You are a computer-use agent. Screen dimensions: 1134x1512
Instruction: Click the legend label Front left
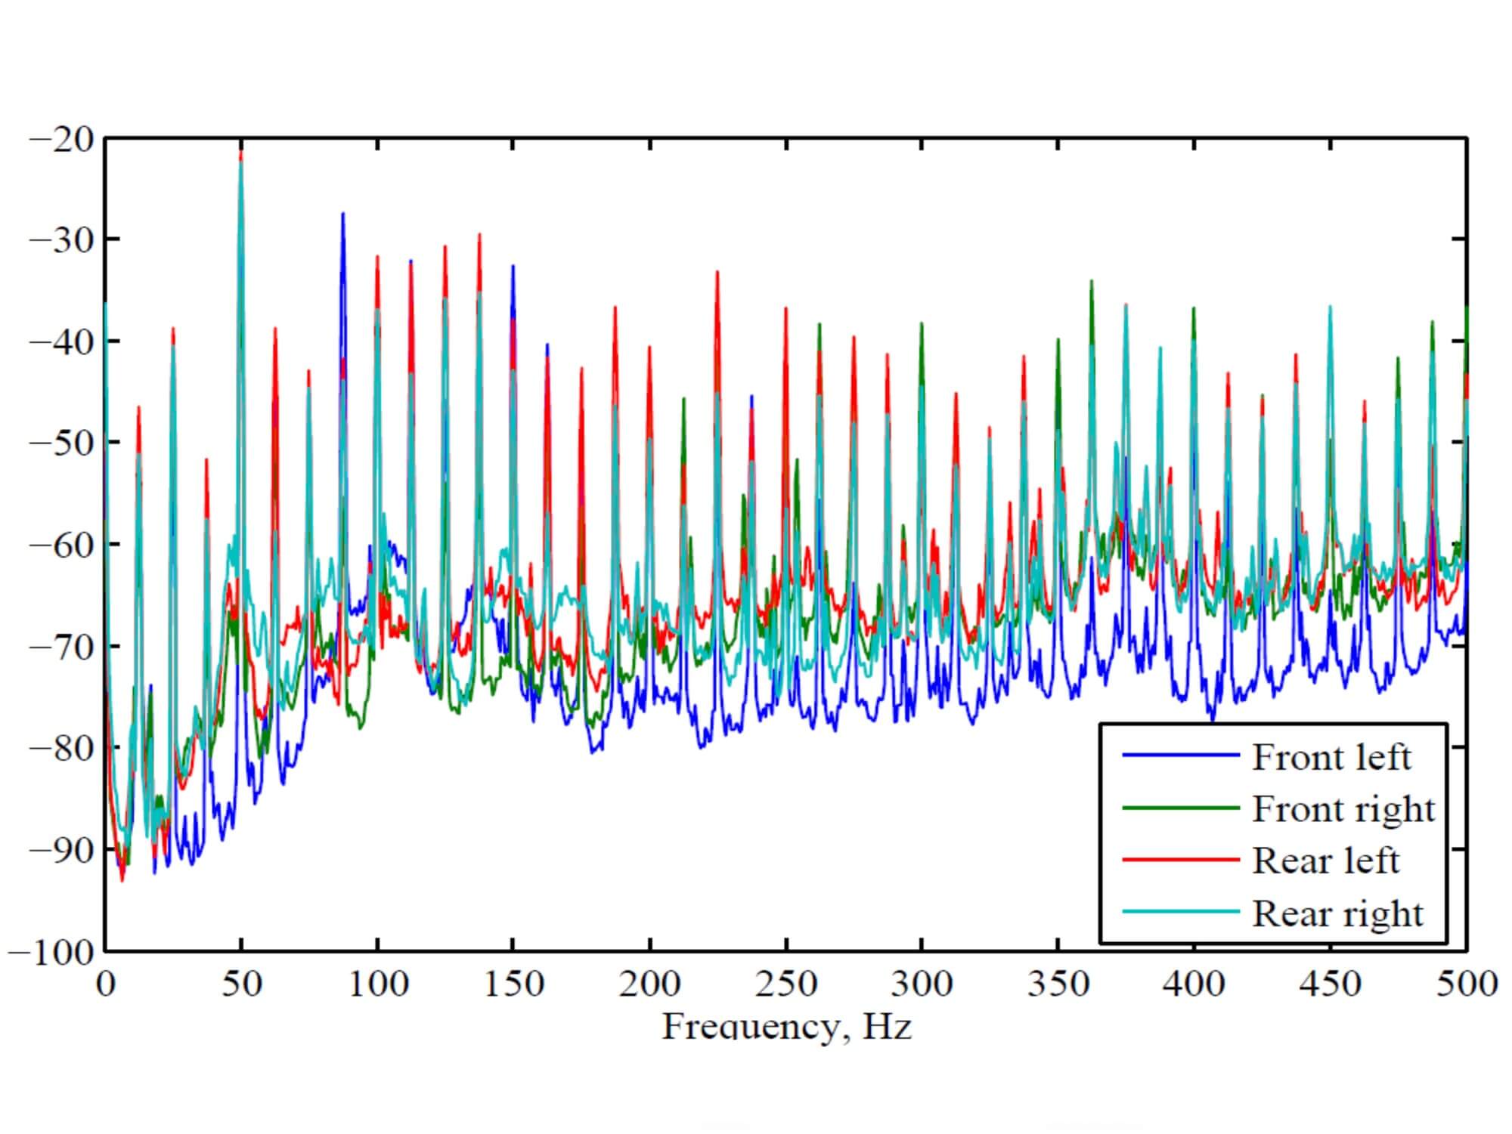point(1331,758)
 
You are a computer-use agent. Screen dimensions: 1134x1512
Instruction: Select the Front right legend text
point(1343,810)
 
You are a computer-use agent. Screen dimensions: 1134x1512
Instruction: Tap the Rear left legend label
point(1325,861)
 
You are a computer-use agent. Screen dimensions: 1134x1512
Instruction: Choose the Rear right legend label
point(1337,913)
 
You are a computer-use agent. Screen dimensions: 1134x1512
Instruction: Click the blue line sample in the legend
point(1180,755)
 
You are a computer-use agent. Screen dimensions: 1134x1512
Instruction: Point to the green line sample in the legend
point(1180,808)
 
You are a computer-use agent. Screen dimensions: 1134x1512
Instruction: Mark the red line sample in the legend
point(1180,860)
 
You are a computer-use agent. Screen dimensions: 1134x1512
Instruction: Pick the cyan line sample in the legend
point(1180,912)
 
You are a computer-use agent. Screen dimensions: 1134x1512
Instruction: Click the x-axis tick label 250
point(786,984)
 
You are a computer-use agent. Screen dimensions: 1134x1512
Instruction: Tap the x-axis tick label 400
point(1194,984)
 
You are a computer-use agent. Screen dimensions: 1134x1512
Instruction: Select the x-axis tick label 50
point(241,984)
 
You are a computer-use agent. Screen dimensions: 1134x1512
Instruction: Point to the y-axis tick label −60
point(61,544)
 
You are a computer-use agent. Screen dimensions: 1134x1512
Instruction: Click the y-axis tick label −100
point(51,951)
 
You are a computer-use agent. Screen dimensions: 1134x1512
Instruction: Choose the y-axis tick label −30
point(61,239)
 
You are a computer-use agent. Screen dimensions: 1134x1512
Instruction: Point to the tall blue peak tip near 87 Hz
point(342,214)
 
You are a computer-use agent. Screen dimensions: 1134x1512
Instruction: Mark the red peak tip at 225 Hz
point(717,272)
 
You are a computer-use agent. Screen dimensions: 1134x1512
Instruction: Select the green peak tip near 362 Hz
point(1092,281)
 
